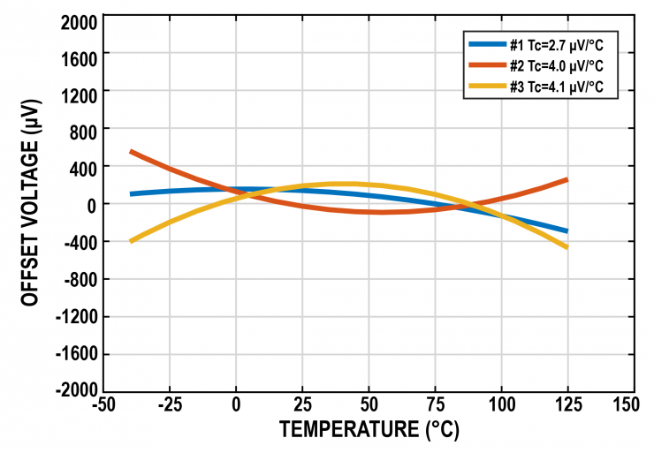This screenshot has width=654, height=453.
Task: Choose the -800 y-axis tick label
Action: [x=80, y=279]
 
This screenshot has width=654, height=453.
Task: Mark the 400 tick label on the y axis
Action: [x=83, y=166]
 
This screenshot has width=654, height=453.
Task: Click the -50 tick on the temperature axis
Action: [x=103, y=405]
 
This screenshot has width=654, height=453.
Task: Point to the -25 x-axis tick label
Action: [x=170, y=405]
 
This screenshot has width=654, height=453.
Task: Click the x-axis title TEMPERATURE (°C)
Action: [x=369, y=430]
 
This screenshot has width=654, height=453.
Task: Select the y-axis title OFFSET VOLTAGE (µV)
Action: [x=32, y=204]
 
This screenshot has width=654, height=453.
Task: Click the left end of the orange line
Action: [x=131, y=152]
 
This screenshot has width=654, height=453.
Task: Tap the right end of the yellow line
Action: [x=567, y=247]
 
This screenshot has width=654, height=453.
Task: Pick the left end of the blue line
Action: [x=131, y=194]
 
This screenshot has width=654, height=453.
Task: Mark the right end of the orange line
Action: [x=567, y=179]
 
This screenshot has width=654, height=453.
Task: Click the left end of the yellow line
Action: [x=131, y=241]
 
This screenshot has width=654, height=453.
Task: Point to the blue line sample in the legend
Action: [x=486, y=44]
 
